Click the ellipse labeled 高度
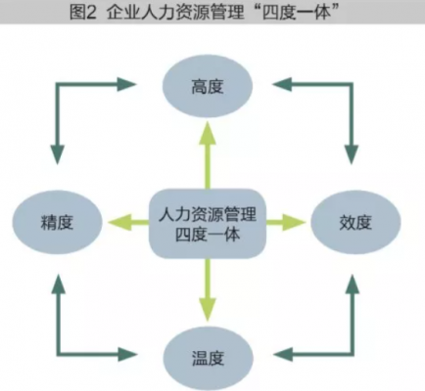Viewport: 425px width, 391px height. pos(208,87)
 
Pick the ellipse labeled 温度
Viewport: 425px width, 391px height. pos(208,354)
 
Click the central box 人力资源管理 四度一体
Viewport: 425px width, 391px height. pos(207,222)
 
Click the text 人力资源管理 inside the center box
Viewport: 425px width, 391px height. pos(207,210)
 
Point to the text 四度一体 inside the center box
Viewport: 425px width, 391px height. pos(207,235)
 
